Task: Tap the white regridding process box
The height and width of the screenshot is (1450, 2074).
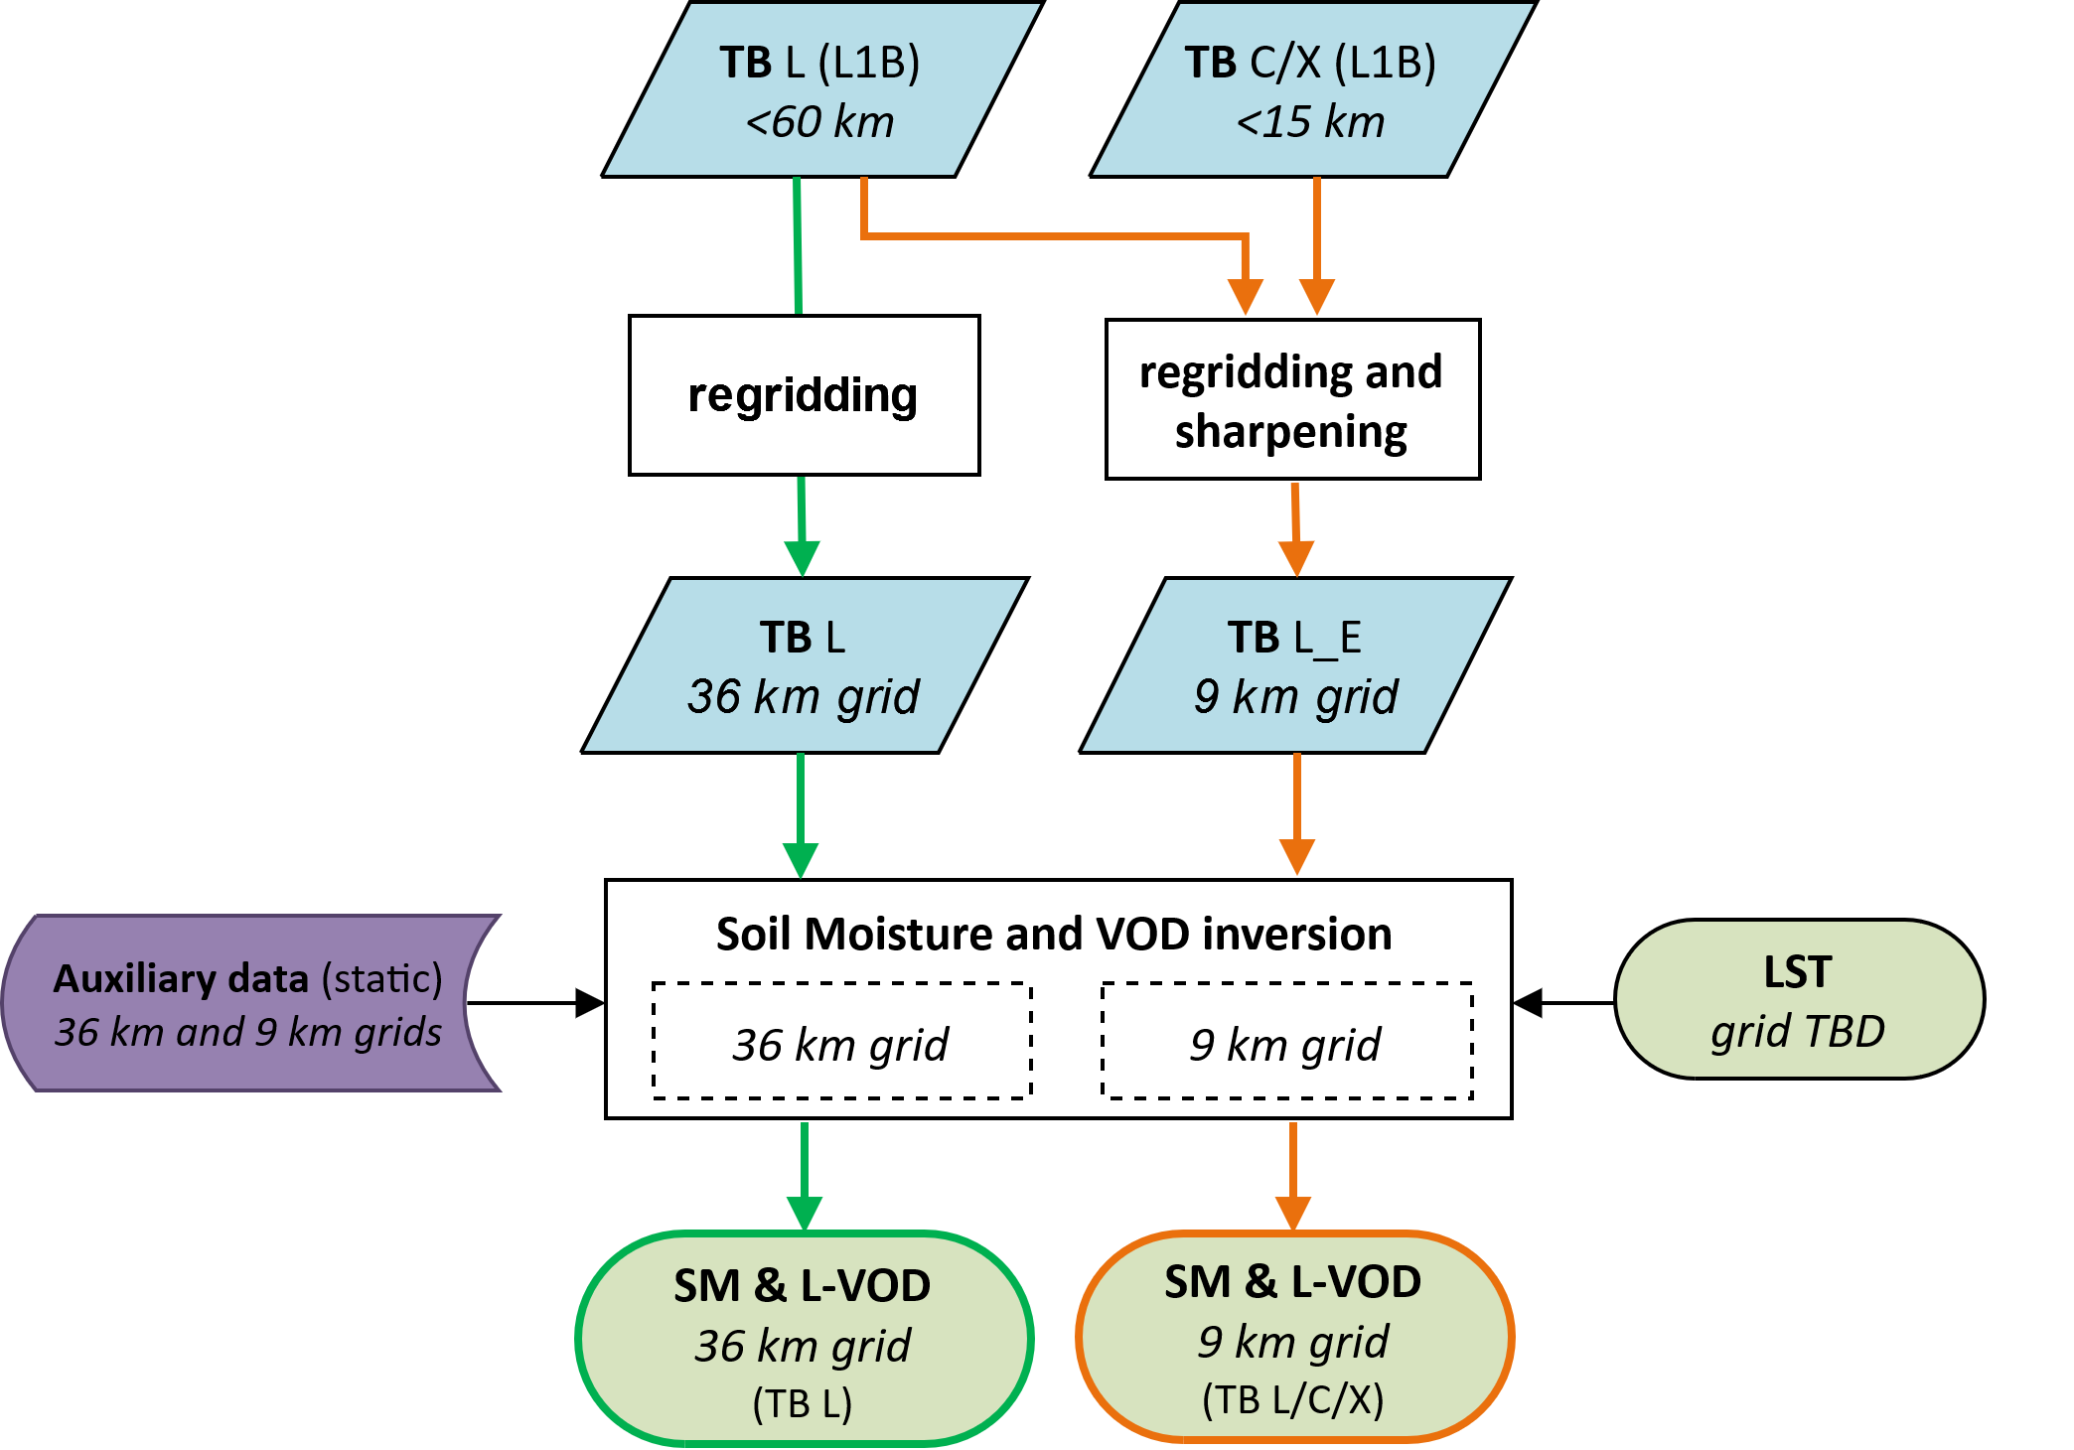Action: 804,395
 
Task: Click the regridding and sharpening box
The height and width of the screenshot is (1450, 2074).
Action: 1291,399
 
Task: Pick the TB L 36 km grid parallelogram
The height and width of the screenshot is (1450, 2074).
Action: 804,666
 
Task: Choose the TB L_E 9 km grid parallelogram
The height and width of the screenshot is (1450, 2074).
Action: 1294,666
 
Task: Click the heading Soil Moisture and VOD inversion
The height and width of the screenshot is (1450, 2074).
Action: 1054,935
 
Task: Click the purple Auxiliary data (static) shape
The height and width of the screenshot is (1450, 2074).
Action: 248,1004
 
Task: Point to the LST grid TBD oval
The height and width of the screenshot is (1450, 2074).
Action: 1798,1000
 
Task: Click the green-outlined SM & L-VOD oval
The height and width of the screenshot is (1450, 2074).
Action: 804,1339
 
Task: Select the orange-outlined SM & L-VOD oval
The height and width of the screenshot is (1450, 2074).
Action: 1293,1337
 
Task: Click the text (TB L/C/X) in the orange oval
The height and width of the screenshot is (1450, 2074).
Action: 1293,1400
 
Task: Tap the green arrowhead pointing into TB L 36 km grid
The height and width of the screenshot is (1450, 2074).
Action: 802,557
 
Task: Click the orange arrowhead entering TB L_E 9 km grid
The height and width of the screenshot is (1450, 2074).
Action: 1296,557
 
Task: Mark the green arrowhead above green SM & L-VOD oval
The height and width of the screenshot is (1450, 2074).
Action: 804,1212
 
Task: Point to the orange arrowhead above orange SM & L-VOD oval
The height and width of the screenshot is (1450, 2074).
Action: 1293,1212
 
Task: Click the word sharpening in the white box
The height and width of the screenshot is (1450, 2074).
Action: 1290,432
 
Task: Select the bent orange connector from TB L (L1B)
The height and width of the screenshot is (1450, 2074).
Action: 1053,236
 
